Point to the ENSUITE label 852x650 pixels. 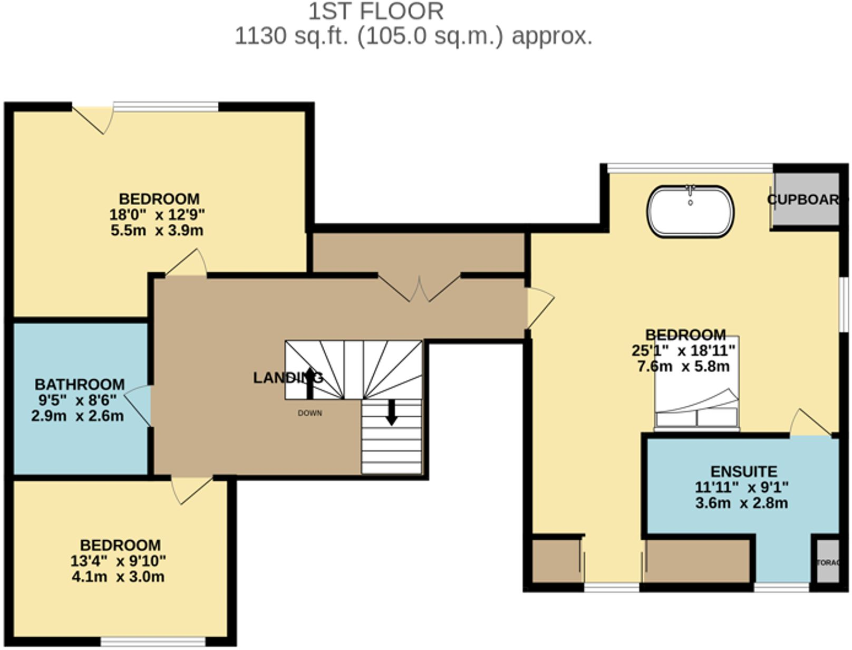tap(743, 471)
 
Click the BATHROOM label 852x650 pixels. tap(80, 384)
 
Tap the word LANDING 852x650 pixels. tap(288, 378)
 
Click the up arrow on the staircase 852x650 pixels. tap(310, 383)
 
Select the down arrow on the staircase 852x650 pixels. tap(391, 412)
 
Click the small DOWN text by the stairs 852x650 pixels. tap(310, 413)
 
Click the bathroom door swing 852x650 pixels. tap(138, 404)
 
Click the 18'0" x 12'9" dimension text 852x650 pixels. tap(157, 215)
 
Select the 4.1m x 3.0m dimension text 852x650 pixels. tap(118, 576)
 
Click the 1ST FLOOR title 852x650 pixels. tap(375, 12)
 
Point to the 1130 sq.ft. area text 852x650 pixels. tap(413, 36)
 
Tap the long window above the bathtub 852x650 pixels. tap(690, 168)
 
